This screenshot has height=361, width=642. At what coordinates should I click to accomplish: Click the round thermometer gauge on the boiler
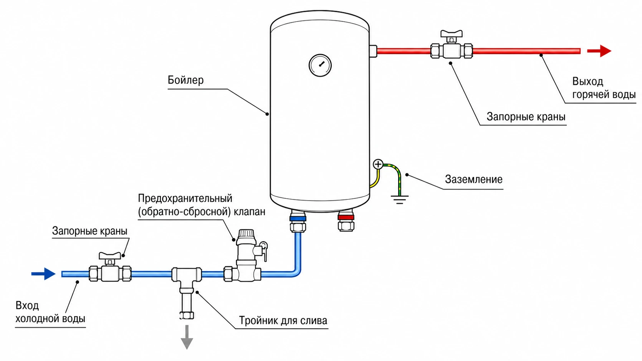320,65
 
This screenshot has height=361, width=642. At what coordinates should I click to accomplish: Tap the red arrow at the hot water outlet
599,51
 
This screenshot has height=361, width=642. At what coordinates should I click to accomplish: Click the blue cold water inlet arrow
43,274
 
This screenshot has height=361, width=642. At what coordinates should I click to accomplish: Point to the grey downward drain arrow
187,337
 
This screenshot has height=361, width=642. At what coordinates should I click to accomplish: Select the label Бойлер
185,80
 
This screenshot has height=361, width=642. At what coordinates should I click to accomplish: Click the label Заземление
473,179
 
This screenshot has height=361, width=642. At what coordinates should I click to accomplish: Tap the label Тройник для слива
283,320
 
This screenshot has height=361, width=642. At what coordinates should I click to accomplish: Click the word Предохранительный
185,198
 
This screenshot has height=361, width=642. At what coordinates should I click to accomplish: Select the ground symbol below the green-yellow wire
400,199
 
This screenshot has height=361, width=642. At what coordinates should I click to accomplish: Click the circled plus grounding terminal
378,164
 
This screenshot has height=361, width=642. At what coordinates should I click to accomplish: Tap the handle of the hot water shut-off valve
452,34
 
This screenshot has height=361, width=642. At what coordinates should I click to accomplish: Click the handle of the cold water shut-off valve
110,256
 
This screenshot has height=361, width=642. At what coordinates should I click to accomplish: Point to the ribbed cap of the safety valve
247,237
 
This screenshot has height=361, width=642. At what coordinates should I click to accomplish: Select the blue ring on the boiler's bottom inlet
298,218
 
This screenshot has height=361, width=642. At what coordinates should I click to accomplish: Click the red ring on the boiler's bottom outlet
346,217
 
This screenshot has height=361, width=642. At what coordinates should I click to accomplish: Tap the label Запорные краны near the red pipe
526,117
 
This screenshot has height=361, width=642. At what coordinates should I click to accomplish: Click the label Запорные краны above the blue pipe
90,231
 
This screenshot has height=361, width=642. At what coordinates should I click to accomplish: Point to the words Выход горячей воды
604,88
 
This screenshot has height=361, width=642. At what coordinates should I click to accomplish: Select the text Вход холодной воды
50,312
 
